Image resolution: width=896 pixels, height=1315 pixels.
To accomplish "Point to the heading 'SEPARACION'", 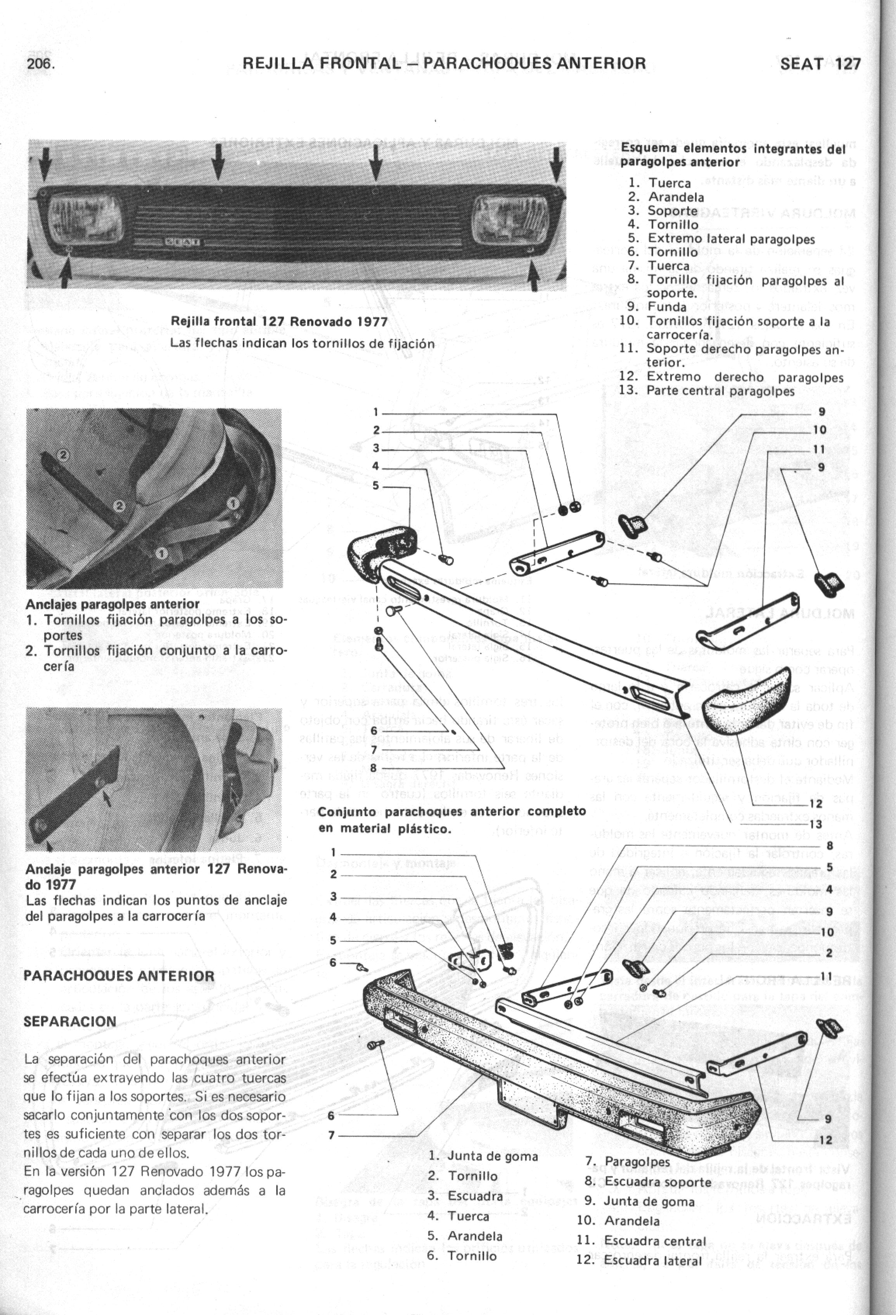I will [70, 1021].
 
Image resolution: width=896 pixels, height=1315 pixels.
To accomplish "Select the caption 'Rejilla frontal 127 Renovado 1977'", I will [279, 322].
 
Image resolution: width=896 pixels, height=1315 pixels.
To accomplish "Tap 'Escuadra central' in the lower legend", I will [655, 1241].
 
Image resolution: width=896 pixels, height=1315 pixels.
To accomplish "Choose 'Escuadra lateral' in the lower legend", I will [653, 1260].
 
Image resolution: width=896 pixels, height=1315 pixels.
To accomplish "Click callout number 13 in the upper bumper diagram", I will [815, 824].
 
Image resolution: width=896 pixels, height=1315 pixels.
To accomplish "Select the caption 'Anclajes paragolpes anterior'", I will [112, 604].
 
